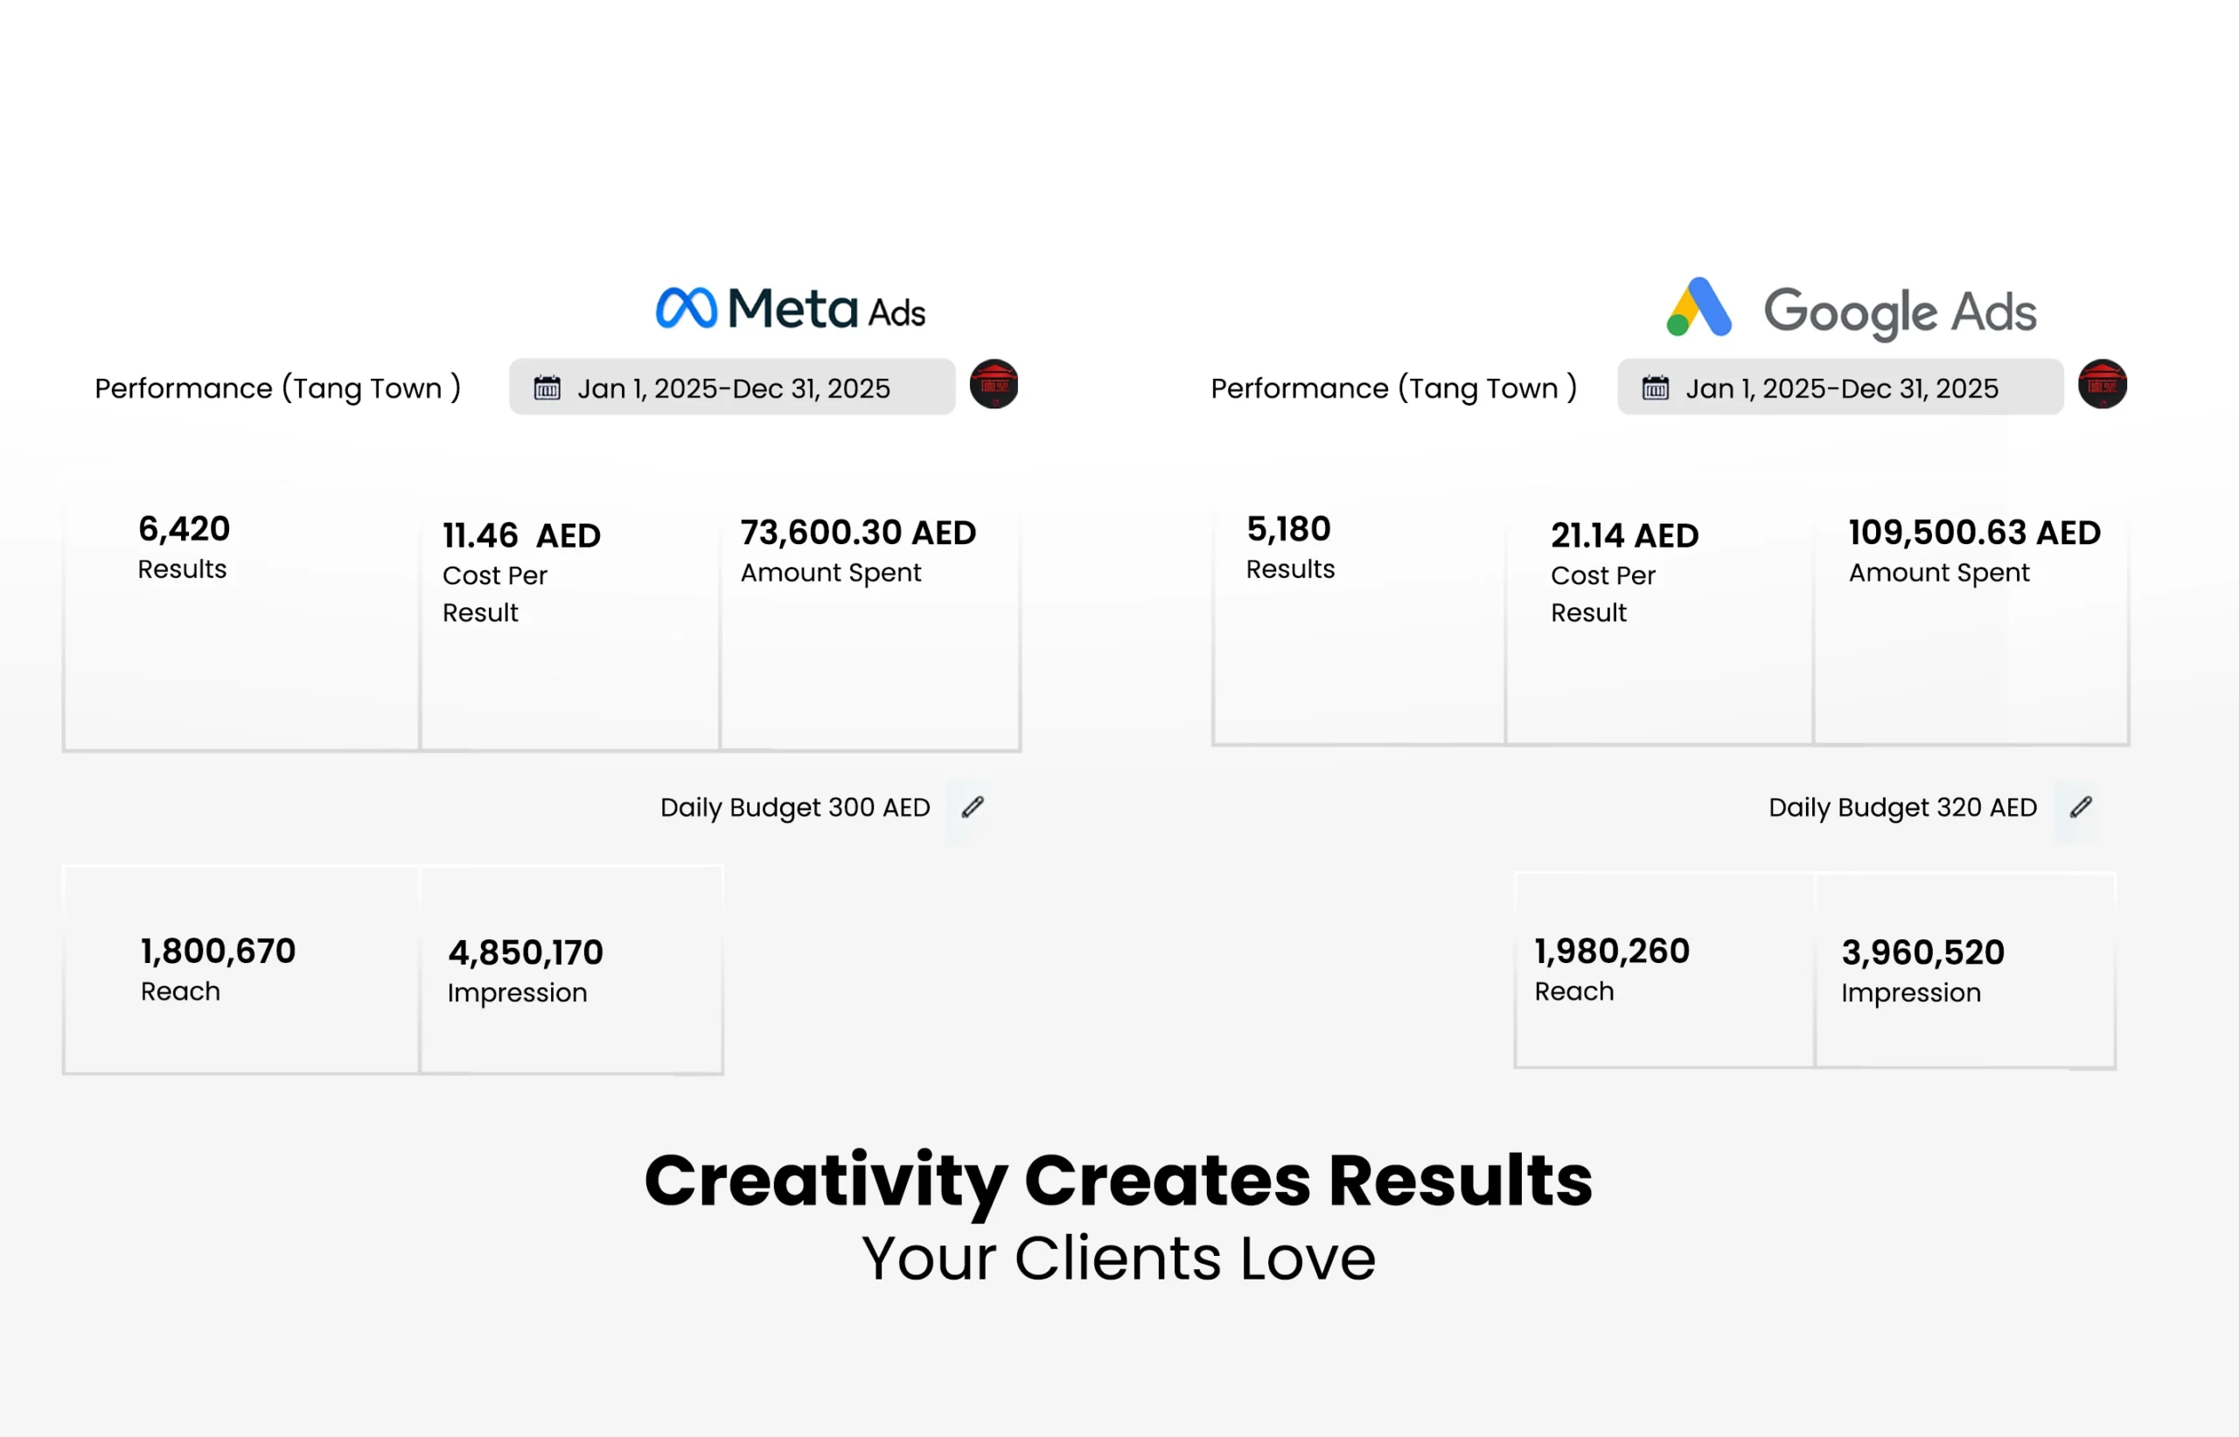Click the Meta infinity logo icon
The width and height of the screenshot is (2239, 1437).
pos(687,308)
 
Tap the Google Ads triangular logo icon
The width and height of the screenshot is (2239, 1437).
pos(1698,307)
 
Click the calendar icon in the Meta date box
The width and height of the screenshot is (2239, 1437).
pos(547,387)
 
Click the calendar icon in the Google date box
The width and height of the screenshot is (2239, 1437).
pos(1655,387)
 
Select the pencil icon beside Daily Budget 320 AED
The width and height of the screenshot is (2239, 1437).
pos(2081,807)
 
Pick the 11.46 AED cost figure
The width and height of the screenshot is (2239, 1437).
pos(521,535)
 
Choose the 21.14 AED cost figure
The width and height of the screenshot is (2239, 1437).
pos(1624,535)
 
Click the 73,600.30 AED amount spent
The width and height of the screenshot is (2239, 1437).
pos(858,533)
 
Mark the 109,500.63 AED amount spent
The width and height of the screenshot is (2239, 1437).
pos(1974,533)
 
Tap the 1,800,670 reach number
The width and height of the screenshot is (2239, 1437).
pos(218,952)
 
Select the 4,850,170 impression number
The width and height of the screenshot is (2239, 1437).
pos(526,952)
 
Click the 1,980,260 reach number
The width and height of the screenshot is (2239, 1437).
pos(1611,952)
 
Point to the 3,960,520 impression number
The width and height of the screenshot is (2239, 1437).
pos(1922,952)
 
